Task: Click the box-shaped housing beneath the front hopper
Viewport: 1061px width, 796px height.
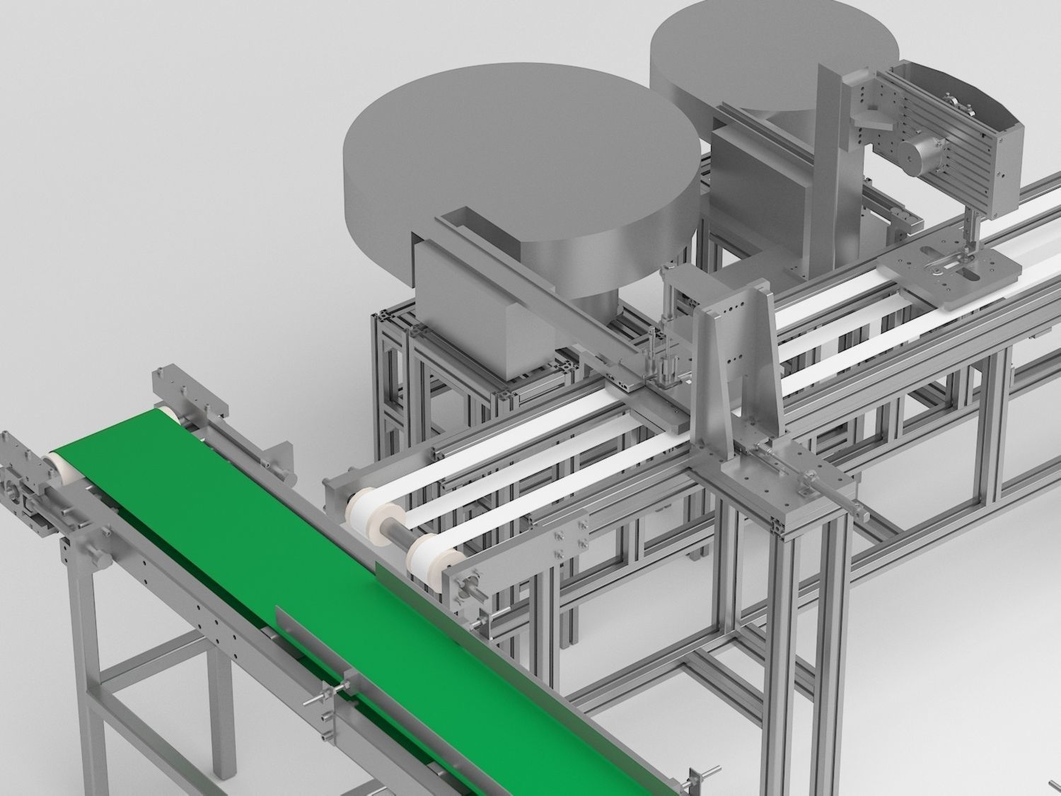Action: [x=467, y=304]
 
